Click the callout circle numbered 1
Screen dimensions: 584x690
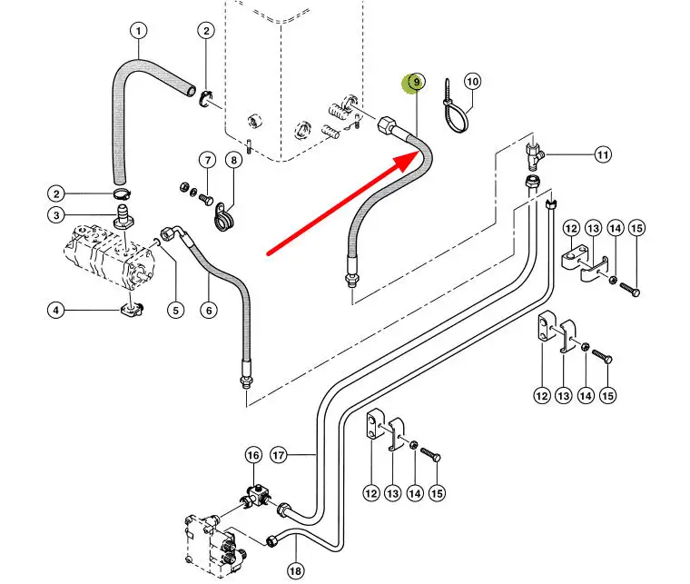[x=139, y=32]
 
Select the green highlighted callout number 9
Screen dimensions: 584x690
[x=416, y=83]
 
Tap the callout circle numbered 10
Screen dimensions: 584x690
[x=472, y=82]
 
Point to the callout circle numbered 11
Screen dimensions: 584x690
[x=604, y=155]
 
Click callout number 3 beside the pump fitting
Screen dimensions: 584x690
[x=56, y=215]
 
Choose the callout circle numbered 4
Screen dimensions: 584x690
[x=56, y=311]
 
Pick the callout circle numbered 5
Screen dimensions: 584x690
[x=174, y=311]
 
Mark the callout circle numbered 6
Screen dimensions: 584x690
[x=210, y=311]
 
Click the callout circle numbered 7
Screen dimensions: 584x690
[x=207, y=162]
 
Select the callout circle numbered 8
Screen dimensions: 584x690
[x=233, y=162]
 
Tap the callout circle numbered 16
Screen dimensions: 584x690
[x=253, y=454]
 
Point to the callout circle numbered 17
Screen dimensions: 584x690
[x=279, y=454]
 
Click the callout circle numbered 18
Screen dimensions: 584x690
[x=295, y=571]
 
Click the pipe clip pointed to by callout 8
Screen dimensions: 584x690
[x=222, y=220]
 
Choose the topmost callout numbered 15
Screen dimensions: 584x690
[x=636, y=227]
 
